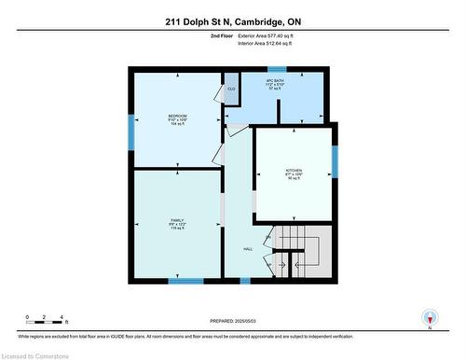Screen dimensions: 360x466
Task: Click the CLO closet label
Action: (231, 89)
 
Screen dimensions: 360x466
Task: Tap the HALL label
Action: (249, 249)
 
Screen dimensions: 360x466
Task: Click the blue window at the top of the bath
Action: (277, 69)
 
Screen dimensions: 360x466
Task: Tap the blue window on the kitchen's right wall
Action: (335, 161)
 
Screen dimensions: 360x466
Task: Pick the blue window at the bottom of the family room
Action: (185, 280)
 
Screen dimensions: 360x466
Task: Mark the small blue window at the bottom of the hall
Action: (245, 280)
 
